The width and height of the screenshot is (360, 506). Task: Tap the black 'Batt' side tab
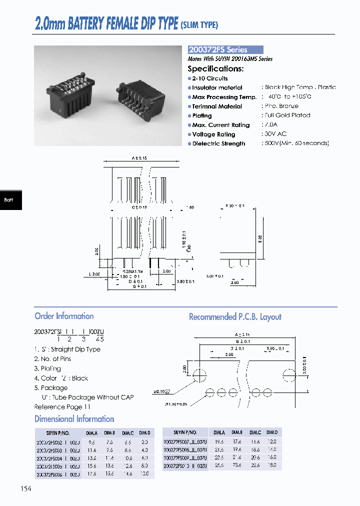coord(9,199)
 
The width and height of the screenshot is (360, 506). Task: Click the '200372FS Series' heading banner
coord(225,50)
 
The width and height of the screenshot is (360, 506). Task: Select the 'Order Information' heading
coord(64,316)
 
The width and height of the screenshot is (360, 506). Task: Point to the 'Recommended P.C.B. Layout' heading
coord(235,317)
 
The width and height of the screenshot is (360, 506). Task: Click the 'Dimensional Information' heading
coord(74,419)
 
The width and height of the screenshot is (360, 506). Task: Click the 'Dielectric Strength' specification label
coord(218,143)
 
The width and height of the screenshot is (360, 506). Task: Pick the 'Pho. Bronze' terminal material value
coord(281,106)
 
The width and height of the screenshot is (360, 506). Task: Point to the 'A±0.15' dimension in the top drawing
coord(139,158)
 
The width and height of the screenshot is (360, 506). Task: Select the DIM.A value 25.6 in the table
coord(220,465)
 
